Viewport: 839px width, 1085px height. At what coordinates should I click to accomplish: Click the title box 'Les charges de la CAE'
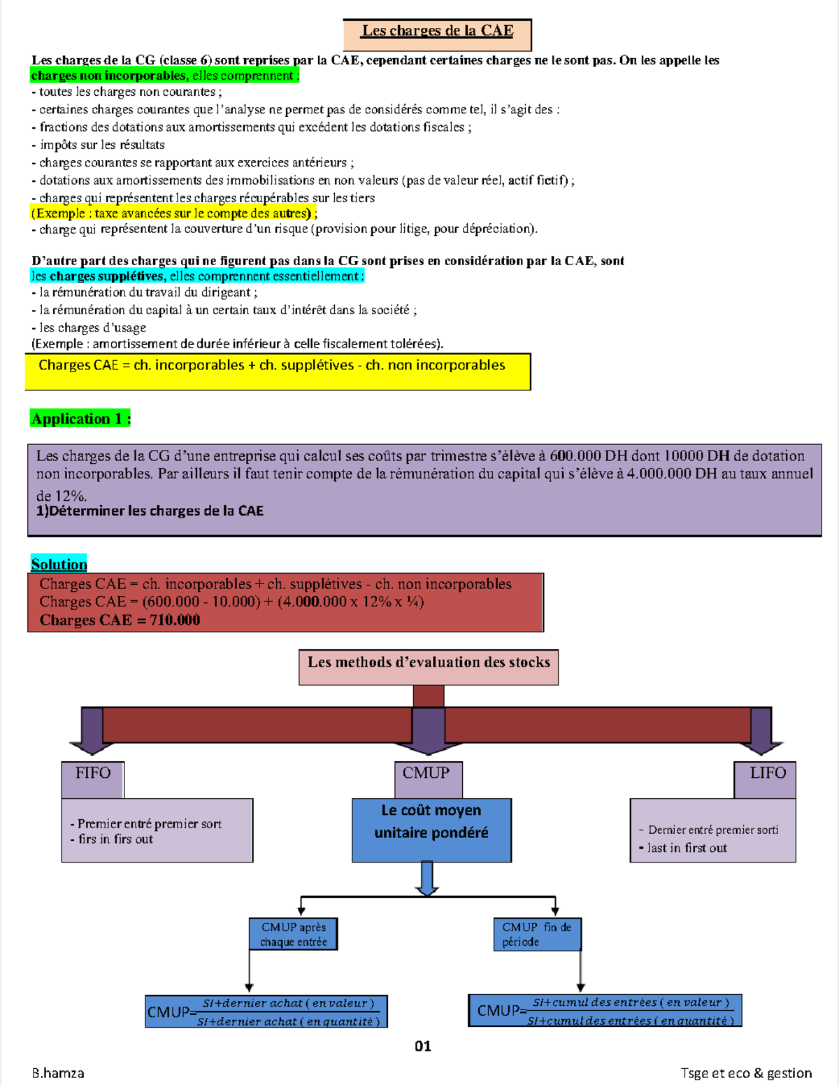tap(437, 33)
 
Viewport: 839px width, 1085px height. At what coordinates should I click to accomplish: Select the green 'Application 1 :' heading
tap(81, 418)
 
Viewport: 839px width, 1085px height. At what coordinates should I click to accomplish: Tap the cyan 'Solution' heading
tap(59, 564)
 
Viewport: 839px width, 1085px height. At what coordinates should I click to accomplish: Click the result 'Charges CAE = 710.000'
tap(120, 620)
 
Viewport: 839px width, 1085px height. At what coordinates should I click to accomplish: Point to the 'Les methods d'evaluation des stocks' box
tap(429, 666)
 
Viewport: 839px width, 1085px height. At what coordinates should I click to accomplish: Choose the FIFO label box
tap(93, 779)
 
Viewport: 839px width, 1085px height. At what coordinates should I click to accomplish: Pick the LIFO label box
tap(766, 779)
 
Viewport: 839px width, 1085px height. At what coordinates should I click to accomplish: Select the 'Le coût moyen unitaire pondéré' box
tap(431, 829)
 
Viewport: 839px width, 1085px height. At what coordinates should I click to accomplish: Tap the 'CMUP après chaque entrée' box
tap(294, 934)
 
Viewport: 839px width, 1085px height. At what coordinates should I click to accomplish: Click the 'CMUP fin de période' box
tap(536, 934)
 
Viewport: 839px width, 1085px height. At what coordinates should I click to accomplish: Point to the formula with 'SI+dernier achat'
tap(266, 1012)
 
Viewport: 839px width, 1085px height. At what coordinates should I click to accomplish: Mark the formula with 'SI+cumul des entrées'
tap(605, 1011)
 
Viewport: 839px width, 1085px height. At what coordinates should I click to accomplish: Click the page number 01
tap(423, 1046)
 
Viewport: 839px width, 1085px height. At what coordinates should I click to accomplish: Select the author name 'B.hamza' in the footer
tap(58, 1073)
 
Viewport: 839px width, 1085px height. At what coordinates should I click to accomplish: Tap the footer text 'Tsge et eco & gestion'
tap(746, 1073)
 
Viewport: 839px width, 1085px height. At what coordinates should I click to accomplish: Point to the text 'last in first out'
tap(687, 848)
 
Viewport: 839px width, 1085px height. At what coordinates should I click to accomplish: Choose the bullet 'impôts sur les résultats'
tap(102, 145)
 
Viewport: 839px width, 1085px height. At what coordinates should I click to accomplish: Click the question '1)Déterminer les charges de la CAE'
tap(150, 511)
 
